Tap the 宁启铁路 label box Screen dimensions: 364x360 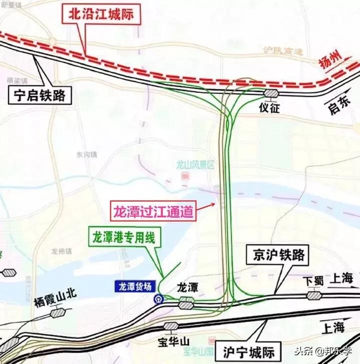(39, 95)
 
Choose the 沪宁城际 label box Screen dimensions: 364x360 (249, 352)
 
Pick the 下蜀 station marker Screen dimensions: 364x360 (314, 296)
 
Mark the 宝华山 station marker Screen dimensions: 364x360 (171, 326)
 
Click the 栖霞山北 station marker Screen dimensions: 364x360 (57, 313)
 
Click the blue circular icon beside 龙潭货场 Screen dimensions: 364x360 (157, 300)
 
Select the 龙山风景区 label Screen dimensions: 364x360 (195, 163)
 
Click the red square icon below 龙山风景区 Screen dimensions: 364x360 (185, 176)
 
